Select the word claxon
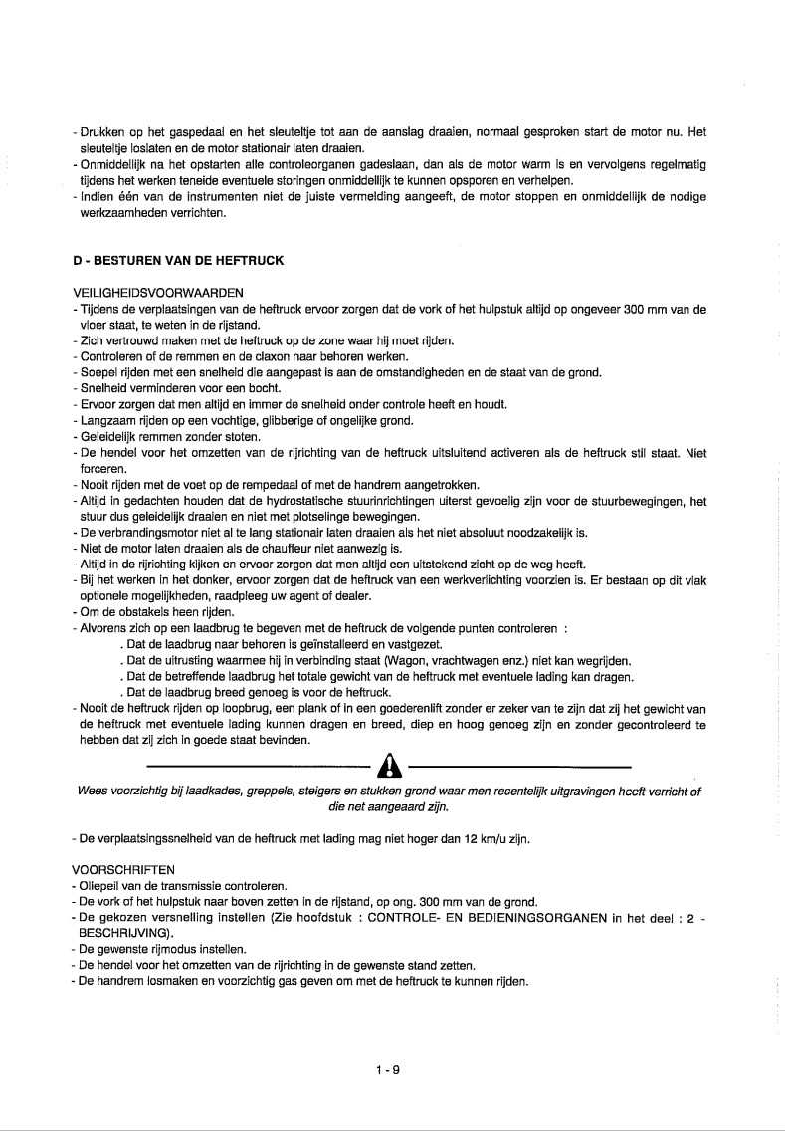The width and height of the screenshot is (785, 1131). [x=224, y=357]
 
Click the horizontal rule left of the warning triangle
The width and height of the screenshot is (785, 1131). [x=258, y=767]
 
